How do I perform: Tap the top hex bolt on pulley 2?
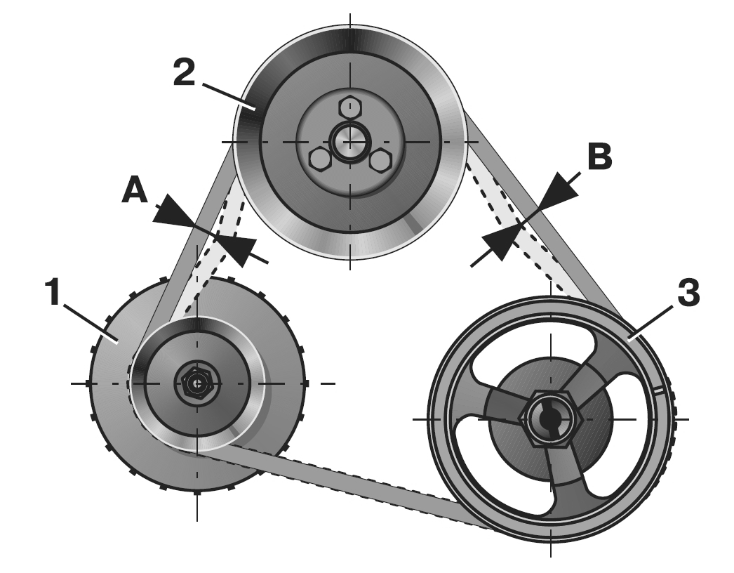[x=349, y=107]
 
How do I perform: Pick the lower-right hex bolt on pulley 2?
[x=379, y=160]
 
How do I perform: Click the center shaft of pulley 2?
[x=349, y=140]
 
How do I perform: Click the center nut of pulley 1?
[x=197, y=383]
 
